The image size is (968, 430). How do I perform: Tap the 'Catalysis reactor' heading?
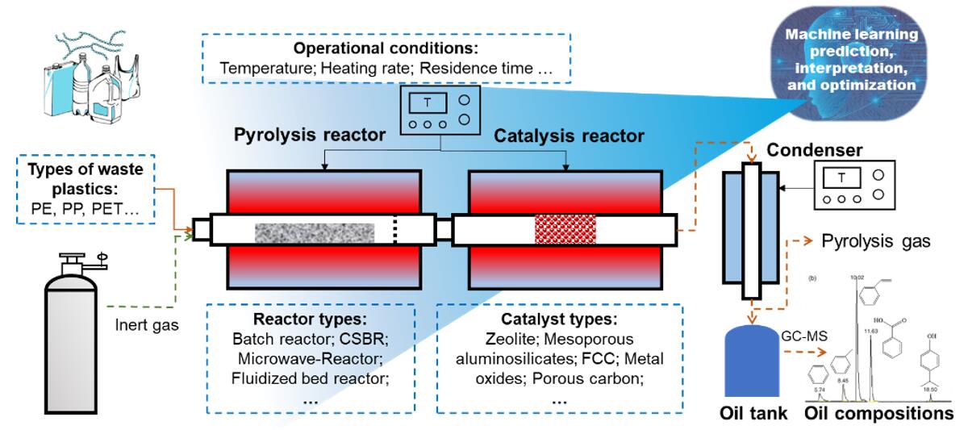click(569, 136)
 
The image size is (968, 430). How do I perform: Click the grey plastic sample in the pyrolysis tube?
click(315, 233)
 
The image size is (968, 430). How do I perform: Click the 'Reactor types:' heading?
click(311, 318)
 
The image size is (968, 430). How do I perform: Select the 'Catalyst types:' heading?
click(558, 318)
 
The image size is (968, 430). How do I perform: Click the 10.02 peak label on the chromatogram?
click(857, 278)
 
